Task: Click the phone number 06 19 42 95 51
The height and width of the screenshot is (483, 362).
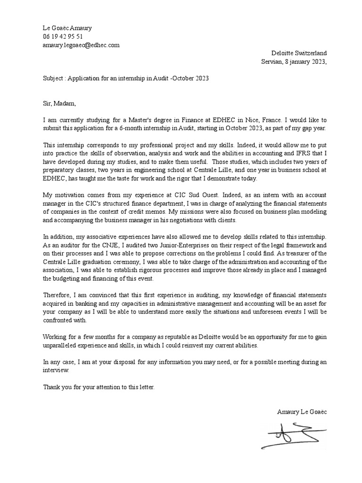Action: pos(63,36)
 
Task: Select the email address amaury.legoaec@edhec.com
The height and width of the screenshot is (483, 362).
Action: pos(81,45)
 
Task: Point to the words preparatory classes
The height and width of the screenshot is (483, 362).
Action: pos(68,171)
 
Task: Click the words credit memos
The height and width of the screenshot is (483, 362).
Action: pos(134,212)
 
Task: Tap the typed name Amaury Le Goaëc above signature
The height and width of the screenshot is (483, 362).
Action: pos(302,411)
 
